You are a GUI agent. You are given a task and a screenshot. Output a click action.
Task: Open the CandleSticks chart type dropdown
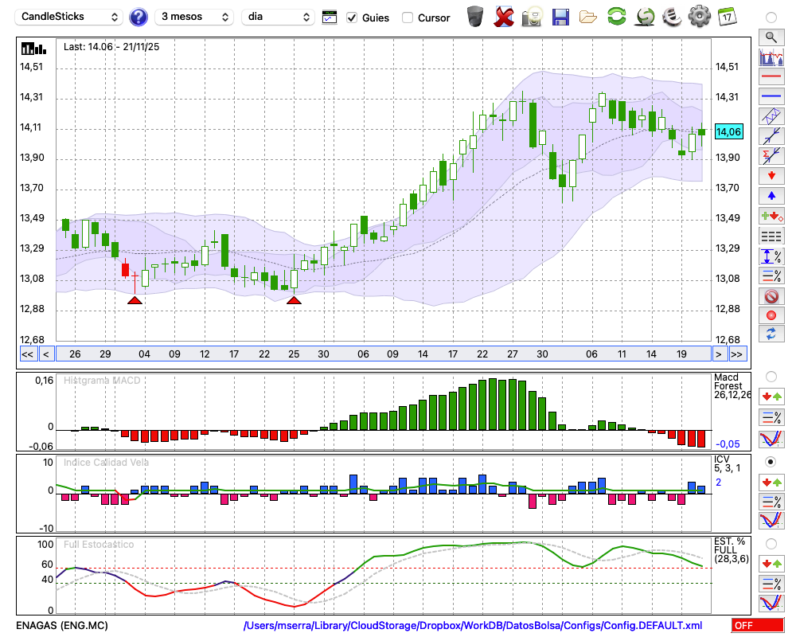[x=69, y=17]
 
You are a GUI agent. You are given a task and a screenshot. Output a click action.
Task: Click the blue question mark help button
[x=139, y=17]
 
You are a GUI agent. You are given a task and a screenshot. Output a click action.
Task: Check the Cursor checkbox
[x=408, y=18]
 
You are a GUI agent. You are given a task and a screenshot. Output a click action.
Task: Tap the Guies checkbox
[x=352, y=18]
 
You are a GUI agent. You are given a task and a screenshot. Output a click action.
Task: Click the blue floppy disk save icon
[x=560, y=17]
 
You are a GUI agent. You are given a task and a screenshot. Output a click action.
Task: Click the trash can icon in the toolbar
[x=475, y=17]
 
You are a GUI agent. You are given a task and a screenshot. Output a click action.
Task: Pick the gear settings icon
[x=699, y=17]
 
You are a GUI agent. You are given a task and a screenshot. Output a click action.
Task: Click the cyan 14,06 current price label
[x=728, y=132]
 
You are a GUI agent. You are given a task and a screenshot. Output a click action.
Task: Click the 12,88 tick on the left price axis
[x=32, y=309]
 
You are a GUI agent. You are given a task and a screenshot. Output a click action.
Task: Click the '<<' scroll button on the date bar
[x=27, y=354]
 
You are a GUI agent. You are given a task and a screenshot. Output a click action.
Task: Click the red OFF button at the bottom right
[x=757, y=626]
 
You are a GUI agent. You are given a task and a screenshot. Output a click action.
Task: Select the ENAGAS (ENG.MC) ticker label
[x=62, y=626]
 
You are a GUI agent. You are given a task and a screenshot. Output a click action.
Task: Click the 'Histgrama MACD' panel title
[x=102, y=381]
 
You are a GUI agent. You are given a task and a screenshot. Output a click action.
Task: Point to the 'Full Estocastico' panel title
[x=99, y=545]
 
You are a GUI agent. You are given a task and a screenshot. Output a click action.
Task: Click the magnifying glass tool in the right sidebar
[x=771, y=37]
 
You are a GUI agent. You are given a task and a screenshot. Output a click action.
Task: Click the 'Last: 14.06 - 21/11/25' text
[x=111, y=47]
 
